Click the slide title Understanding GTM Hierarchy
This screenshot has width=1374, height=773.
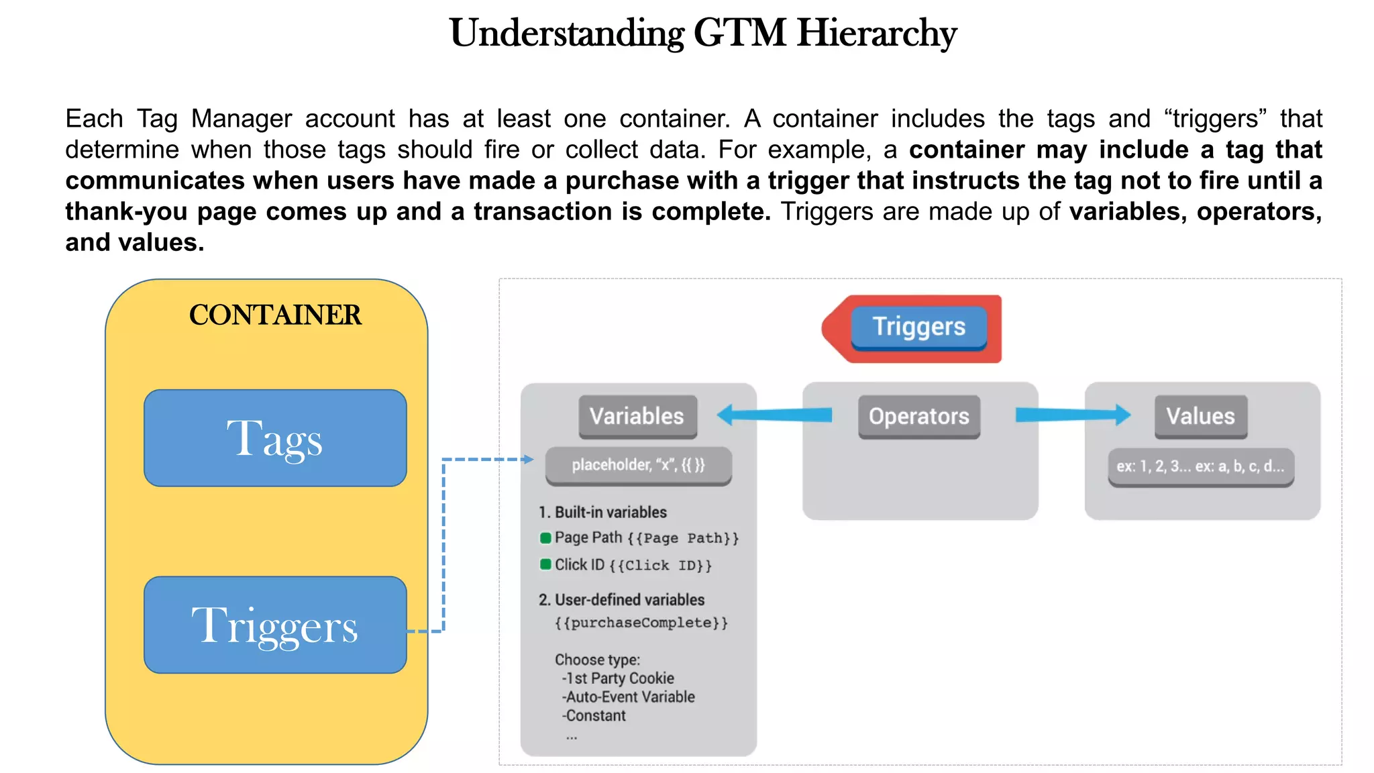click(x=702, y=34)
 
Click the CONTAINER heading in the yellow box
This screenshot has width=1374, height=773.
click(x=275, y=315)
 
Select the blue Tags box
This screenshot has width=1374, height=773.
click(x=275, y=438)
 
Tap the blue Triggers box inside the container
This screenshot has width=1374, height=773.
click(x=275, y=625)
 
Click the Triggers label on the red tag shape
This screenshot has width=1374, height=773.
click(x=918, y=327)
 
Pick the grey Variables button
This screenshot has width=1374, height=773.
click(x=637, y=417)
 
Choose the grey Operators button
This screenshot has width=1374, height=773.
click(x=918, y=417)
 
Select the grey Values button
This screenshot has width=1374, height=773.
click(x=1200, y=417)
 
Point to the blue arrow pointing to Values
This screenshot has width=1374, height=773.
click(x=1073, y=415)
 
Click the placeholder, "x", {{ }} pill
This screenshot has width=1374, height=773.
click(x=638, y=465)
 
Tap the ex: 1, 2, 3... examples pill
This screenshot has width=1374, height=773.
click(x=1200, y=466)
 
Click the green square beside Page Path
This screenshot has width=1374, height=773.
click(x=545, y=538)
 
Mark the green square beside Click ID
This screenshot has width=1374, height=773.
click(x=545, y=564)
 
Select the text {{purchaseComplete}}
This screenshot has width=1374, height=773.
click(x=641, y=623)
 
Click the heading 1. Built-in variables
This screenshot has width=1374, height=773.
click(x=602, y=513)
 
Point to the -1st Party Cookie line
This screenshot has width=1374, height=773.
click(x=618, y=678)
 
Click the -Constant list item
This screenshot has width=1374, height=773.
click(x=594, y=716)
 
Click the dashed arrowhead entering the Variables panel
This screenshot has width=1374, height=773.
click(x=529, y=460)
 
